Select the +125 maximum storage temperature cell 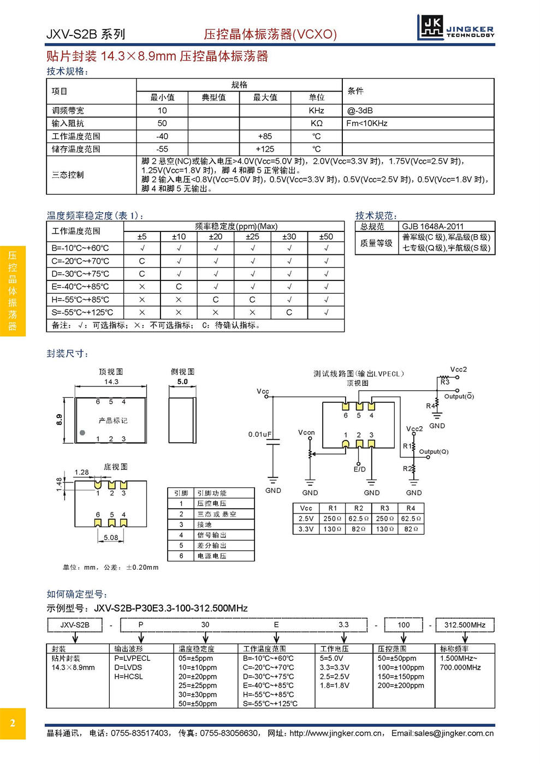tap(265, 149)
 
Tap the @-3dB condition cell tap(360, 110)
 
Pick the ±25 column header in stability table tap(252, 237)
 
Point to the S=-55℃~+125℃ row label tap(82, 313)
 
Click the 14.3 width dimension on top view tap(111, 382)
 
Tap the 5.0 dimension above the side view tap(182, 382)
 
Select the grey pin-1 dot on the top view tap(82, 433)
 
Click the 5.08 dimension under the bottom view tap(111, 538)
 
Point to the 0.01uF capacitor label tap(260, 434)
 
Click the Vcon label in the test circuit tap(306, 432)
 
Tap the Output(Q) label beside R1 tap(434, 451)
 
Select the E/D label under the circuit tap(359, 469)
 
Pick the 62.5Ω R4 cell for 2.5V tap(411, 518)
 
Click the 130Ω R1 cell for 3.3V tap(333, 529)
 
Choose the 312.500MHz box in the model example tap(465, 625)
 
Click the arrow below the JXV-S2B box tap(75, 638)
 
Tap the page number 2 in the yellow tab tap(13, 724)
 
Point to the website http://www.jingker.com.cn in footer tap(336, 733)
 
